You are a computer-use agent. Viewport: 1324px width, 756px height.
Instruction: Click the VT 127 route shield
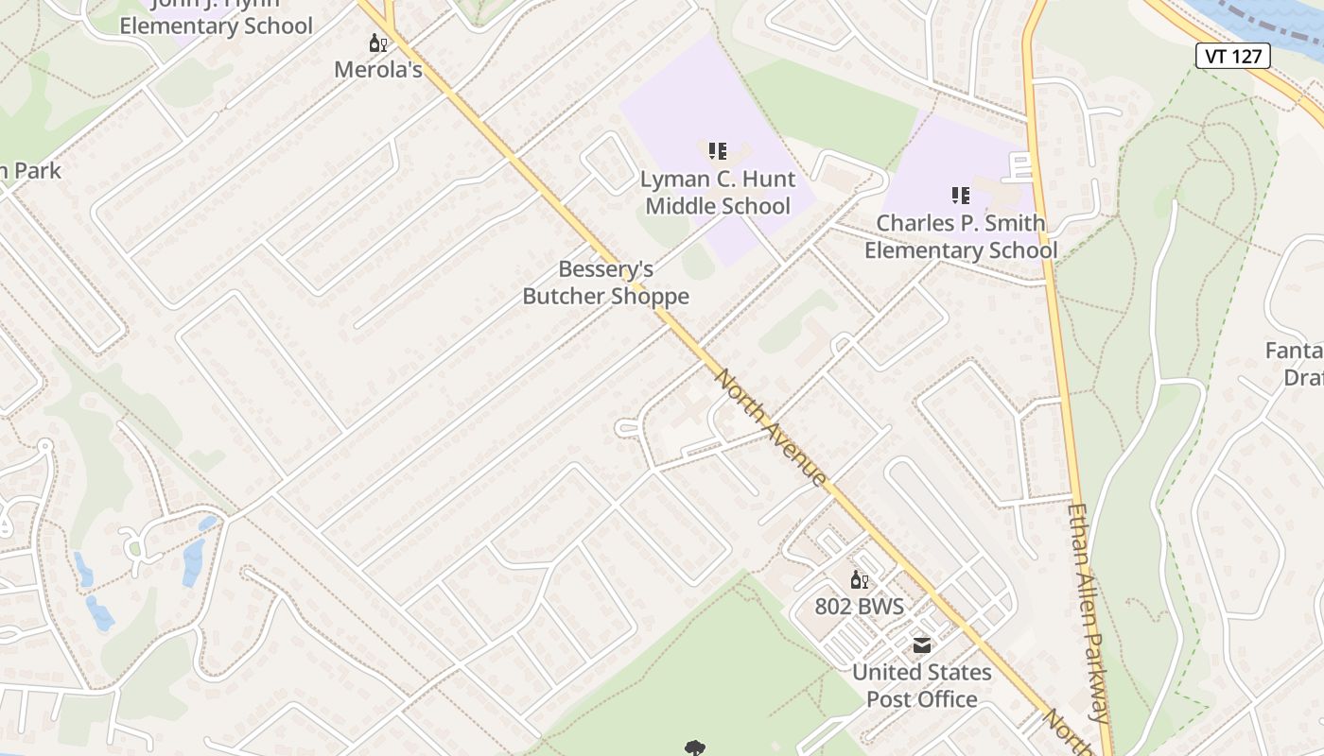click(x=1234, y=56)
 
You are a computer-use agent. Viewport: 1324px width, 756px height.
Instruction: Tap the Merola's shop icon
click(x=378, y=43)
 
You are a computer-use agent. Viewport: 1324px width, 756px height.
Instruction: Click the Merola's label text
click(x=378, y=70)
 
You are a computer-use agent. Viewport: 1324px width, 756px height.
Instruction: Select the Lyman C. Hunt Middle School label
click(x=718, y=193)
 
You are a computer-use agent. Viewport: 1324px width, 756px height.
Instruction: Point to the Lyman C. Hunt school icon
click(x=718, y=150)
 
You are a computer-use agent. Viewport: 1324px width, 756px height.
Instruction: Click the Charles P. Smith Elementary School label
click(x=961, y=237)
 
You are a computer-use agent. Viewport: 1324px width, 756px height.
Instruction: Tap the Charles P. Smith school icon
click(x=961, y=196)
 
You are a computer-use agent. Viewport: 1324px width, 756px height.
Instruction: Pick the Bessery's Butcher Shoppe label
click(x=606, y=283)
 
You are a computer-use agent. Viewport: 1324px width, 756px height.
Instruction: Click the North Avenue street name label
click(x=770, y=428)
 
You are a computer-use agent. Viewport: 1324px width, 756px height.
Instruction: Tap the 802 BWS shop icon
click(x=860, y=580)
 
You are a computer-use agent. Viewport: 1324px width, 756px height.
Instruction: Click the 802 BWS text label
click(x=860, y=607)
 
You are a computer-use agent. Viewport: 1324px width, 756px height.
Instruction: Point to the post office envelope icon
click(x=921, y=646)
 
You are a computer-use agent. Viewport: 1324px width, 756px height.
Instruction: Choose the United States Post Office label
click(x=922, y=686)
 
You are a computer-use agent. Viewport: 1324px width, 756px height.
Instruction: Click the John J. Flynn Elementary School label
click(x=216, y=19)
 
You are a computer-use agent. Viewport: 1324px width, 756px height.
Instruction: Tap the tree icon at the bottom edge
click(x=696, y=748)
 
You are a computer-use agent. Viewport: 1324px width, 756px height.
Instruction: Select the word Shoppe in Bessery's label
click(x=649, y=297)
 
